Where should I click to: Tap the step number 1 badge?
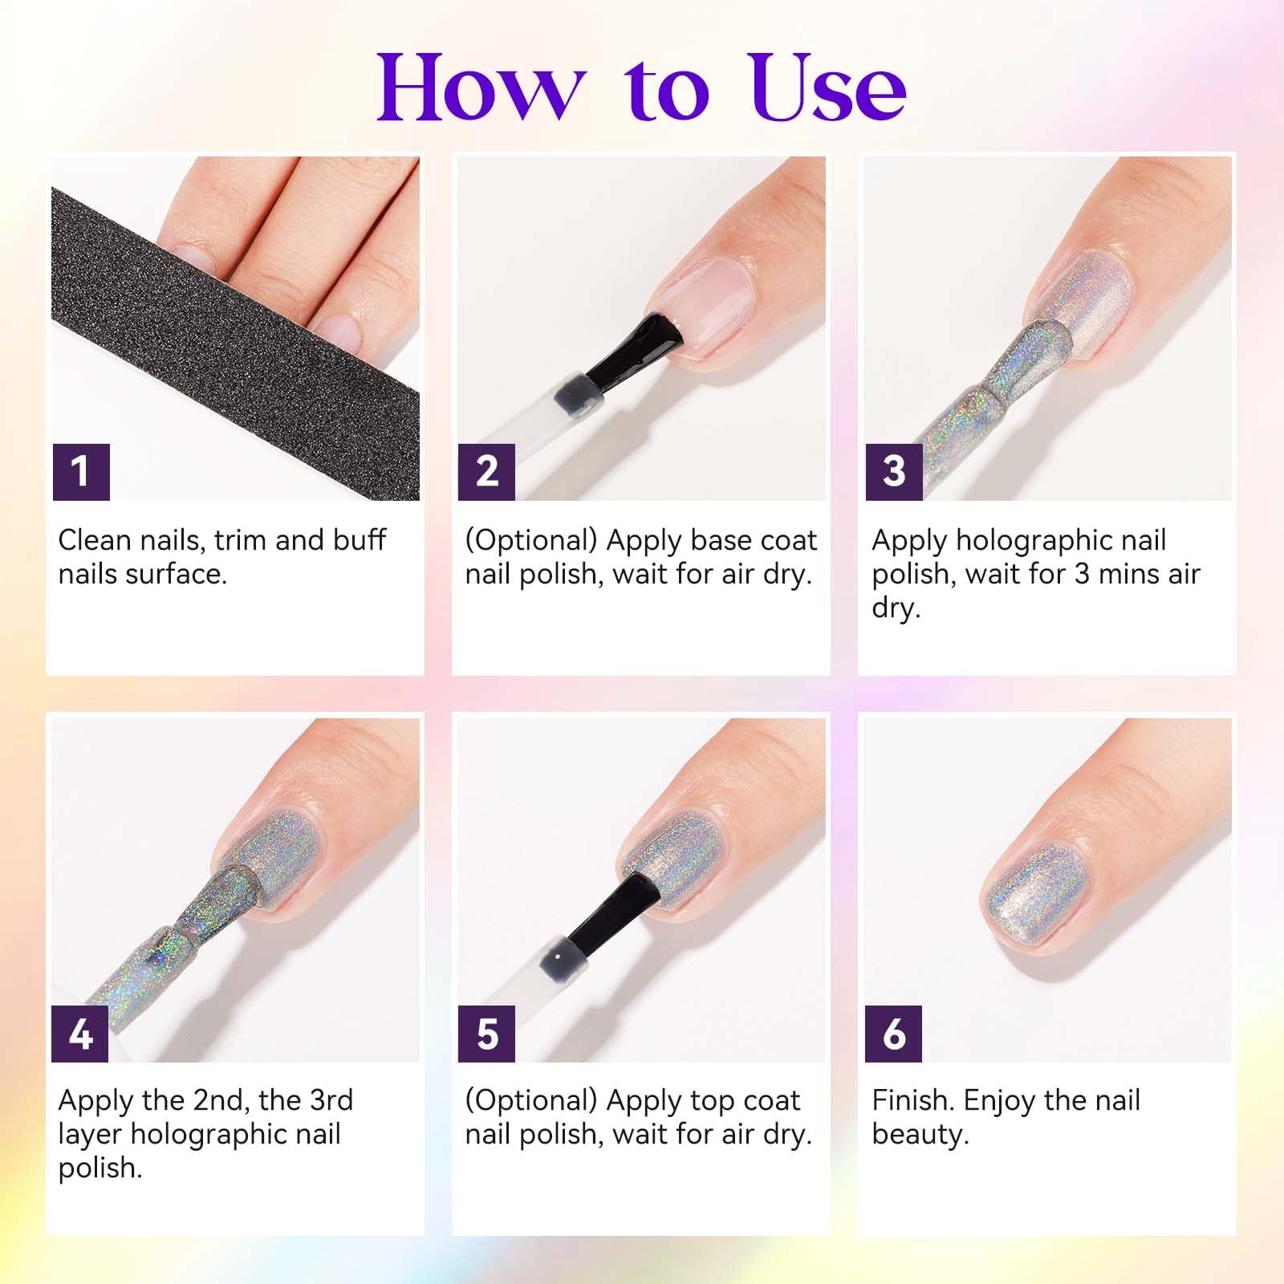pos(81,472)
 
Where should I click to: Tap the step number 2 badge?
pos(487,472)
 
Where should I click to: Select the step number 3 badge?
pos(894,472)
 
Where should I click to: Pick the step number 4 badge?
pos(81,1034)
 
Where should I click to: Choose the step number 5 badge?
pos(487,1034)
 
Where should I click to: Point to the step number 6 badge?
pos(894,1034)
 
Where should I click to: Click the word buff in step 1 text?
pos(359,541)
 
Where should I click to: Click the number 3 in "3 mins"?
pos(1082,575)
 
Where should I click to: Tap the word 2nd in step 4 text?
pos(219,1100)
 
